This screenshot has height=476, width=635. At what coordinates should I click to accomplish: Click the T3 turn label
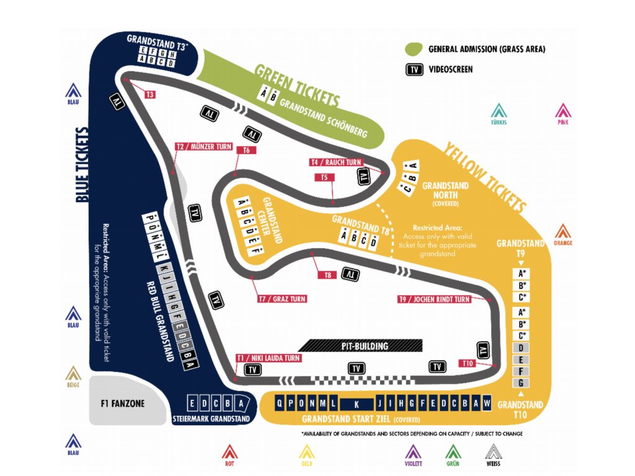(149, 94)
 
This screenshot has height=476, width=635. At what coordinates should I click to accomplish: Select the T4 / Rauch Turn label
(335, 162)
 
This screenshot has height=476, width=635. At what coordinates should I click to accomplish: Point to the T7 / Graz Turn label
(282, 299)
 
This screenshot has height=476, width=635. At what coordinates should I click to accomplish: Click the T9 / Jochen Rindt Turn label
(435, 299)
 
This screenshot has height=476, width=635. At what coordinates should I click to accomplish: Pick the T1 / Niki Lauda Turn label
(269, 358)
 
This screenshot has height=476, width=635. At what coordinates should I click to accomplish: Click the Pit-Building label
(365, 346)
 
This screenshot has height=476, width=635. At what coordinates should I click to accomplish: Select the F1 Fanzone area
(122, 403)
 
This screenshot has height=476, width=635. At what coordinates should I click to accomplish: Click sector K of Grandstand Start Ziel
(357, 403)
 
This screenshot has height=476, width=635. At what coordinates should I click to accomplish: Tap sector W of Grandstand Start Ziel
(487, 402)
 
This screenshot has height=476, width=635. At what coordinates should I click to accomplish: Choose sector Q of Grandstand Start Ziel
(280, 402)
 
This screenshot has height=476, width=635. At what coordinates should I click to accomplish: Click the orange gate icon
(562, 233)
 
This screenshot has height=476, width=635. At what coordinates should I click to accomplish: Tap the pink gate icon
(562, 112)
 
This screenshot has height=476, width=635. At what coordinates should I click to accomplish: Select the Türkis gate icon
(499, 112)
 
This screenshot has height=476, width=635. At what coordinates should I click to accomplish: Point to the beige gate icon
(74, 374)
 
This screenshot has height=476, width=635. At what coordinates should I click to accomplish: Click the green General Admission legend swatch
(414, 49)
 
